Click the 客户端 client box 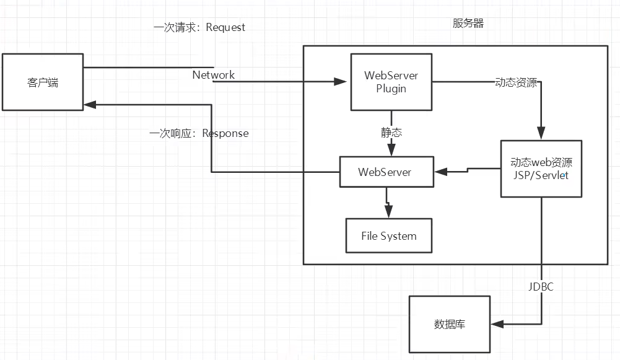[x=43, y=82]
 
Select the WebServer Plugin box [x=391, y=82]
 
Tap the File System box [x=389, y=236]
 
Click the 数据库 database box [x=450, y=324]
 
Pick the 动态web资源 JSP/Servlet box [x=541, y=169]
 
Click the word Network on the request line [x=214, y=75]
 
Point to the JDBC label [x=541, y=287]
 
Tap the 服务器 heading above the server [x=468, y=24]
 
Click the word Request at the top [x=225, y=27]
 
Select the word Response [x=225, y=133]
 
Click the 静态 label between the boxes [x=391, y=132]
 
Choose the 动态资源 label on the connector [x=516, y=82]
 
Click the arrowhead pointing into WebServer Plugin [x=340, y=82]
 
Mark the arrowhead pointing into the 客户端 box [x=90, y=105]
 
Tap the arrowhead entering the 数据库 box [x=497, y=324]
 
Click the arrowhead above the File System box [x=389, y=212]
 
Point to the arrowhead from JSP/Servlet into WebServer [x=440, y=172]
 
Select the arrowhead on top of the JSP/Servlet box [x=541, y=133]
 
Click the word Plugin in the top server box [x=391, y=89]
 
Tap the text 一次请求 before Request [x=175, y=27]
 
